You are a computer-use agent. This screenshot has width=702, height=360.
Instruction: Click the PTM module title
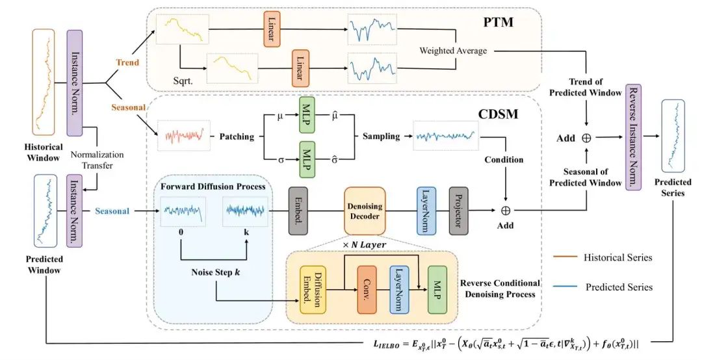point(499,22)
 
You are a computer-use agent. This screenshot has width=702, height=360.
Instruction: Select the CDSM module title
point(498,114)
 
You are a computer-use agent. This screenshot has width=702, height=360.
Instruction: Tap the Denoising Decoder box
point(365,211)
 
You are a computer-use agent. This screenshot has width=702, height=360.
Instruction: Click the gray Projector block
point(458,211)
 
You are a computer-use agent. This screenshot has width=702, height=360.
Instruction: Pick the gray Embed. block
point(298,211)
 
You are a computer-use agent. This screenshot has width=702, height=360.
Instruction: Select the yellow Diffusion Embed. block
point(313,290)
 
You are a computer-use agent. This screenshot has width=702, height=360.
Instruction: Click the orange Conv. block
point(367,290)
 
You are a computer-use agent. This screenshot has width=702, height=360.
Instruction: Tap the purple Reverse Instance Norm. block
point(634,137)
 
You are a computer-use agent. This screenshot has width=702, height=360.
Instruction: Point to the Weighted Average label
point(453,51)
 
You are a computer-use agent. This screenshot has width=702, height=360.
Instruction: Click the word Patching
point(237,136)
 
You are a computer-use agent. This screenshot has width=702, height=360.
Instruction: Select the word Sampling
point(382,136)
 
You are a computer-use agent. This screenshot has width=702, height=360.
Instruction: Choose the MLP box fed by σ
point(307,159)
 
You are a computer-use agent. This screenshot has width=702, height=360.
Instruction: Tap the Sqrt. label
point(183,81)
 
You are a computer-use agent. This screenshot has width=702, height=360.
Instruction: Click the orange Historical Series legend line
point(565,257)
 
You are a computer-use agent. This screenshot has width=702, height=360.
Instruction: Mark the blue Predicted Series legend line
point(565,287)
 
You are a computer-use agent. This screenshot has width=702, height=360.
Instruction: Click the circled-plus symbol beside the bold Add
point(586,138)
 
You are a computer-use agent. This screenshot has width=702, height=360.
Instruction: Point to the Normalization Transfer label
point(97,160)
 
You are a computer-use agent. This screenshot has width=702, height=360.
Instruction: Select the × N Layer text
point(365,245)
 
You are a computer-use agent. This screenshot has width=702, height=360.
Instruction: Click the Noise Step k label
point(216,272)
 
